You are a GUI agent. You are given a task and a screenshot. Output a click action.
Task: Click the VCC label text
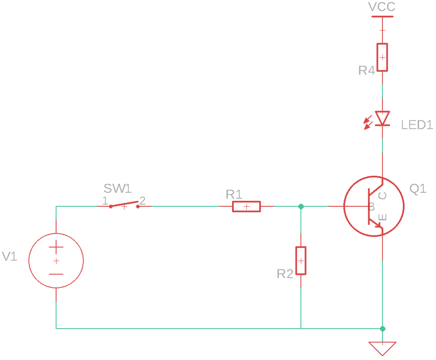[x=381, y=7]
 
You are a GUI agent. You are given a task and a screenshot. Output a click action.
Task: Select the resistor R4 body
[x=382, y=57]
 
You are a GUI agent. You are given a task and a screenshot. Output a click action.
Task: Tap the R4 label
[x=366, y=70]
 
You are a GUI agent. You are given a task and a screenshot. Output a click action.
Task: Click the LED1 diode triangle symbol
[x=382, y=118]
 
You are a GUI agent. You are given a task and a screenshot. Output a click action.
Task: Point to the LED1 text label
[x=417, y=125]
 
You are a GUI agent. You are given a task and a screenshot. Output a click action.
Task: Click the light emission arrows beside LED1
[x=367, y=123]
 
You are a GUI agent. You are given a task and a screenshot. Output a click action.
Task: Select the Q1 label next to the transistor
[x=417, y=189]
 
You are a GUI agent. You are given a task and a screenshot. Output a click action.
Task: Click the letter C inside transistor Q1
[x=382, y=195]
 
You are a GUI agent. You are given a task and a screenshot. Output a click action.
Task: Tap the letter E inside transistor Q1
[x=382, y=217]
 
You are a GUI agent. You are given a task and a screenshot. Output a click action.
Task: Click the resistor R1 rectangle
[x=246, y=206]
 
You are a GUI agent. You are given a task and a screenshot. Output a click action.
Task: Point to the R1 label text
[x=234, y=194]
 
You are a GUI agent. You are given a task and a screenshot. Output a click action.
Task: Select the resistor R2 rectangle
[x=301, y=260]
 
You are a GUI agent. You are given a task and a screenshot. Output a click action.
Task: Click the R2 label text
[x=285, y=274]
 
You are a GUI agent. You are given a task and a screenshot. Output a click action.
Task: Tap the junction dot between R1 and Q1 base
[x=301, y=206]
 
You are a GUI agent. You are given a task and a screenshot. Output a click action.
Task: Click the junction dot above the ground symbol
[x=382, y=329]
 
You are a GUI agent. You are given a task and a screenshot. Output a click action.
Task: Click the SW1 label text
[x=118, y=188]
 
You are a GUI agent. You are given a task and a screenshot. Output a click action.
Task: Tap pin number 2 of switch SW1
[x=143, y=200]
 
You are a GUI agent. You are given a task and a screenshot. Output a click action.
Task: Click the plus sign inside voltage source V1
[x=56, y=247]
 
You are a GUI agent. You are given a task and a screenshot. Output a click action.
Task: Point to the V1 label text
[x=10, y=256]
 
